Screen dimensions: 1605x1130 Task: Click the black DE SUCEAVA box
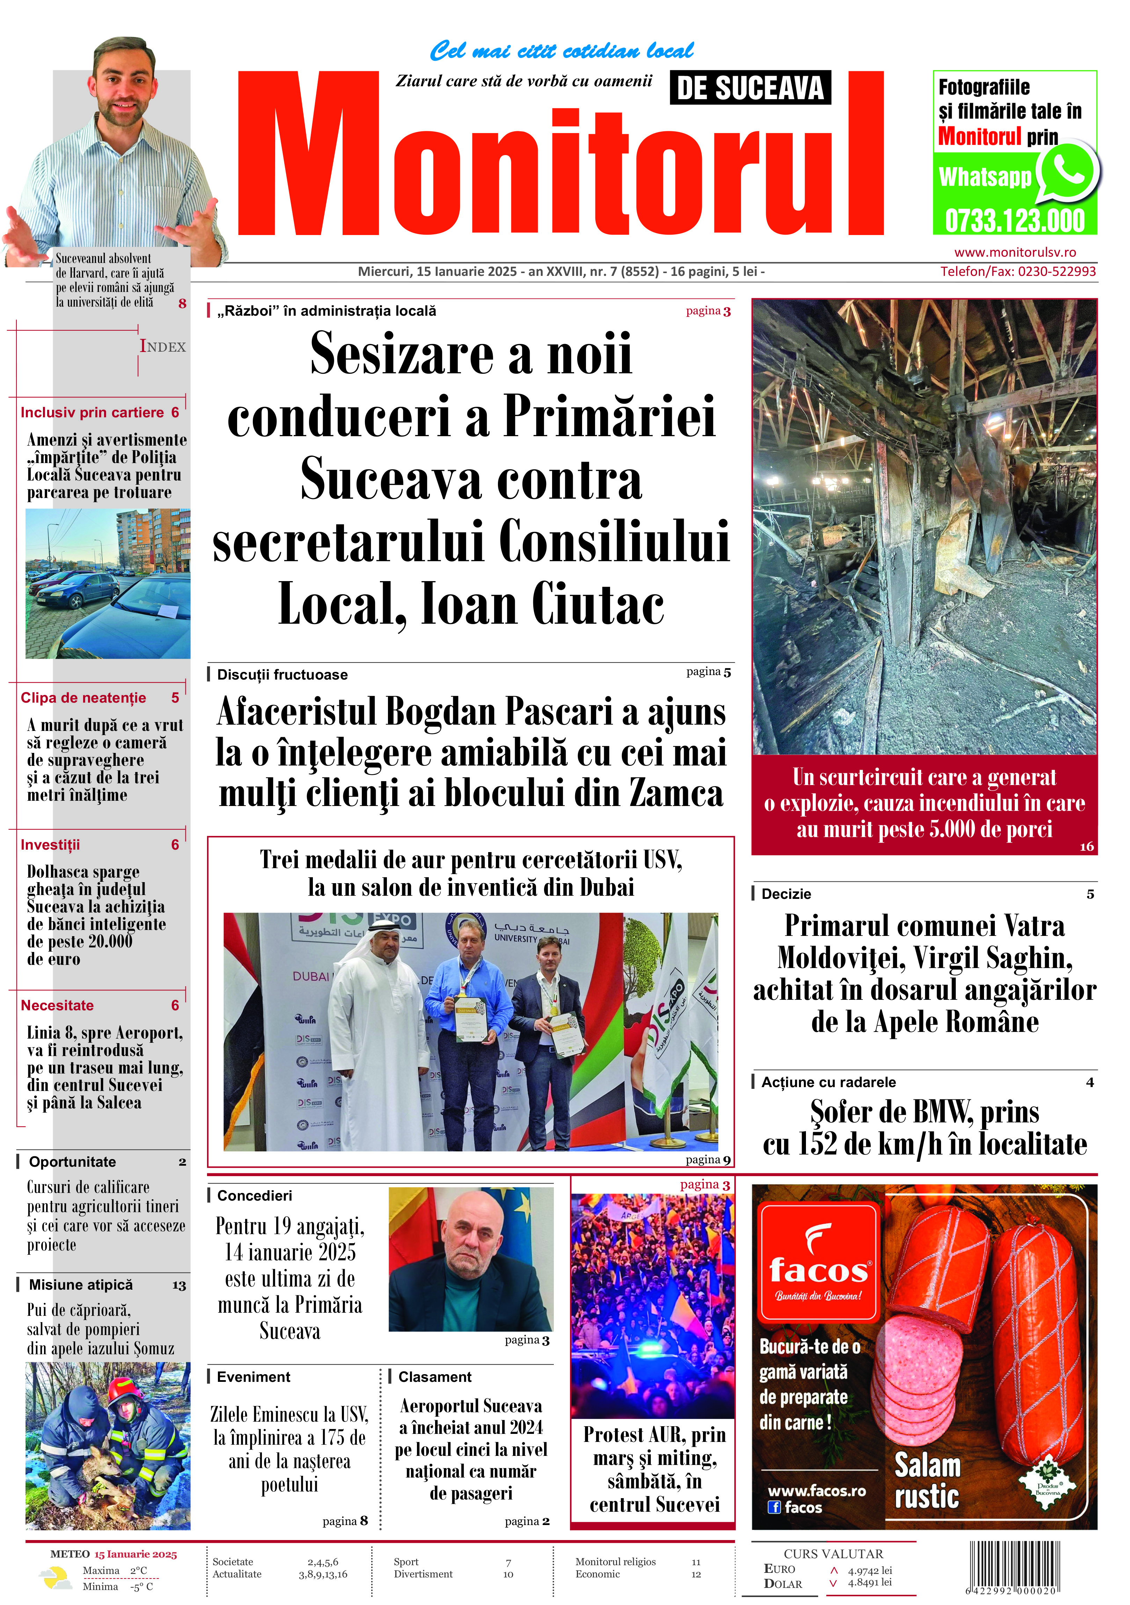[x=750, y=88]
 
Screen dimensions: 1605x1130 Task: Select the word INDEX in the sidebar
[x=163, y=347]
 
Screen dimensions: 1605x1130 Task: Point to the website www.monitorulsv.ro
[x=1015, y=252]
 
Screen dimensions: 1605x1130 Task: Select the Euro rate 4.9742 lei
[x=869, y=1570]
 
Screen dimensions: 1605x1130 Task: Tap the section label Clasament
[x=435, y=1376]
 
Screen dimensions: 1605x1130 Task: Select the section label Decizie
[x=786, y=894]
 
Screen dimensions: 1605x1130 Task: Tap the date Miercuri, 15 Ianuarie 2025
[x=438, y=271]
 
